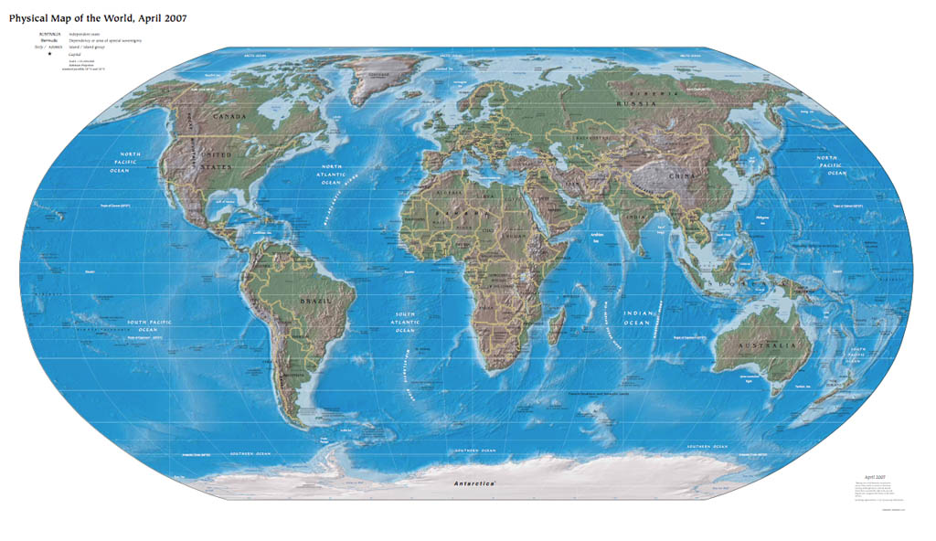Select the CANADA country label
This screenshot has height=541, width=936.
pyautogui.click(x=230, y=117)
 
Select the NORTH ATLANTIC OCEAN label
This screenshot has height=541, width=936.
pyautogui.click(x=331, y=175)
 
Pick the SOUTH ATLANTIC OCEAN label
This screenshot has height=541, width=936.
pyautogui.click(x=404, y=322)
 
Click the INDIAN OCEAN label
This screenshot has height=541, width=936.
pyautogui.click(x=637, y=318)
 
